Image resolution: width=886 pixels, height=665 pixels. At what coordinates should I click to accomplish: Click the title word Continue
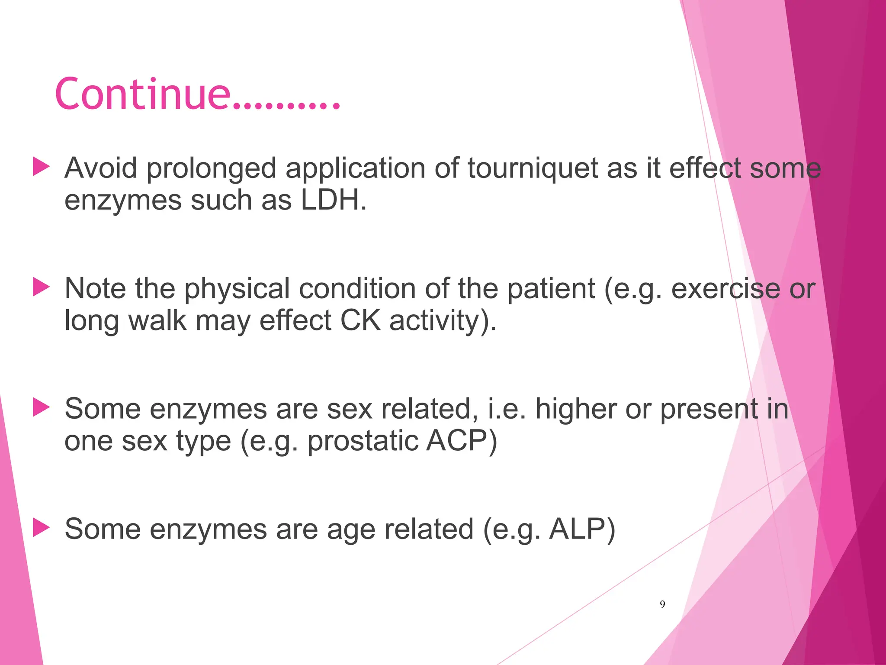point(143,94)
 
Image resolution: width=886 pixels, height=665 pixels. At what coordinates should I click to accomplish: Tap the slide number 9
point(662,604)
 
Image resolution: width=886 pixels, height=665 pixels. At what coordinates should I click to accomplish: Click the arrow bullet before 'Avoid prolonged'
point(42,167)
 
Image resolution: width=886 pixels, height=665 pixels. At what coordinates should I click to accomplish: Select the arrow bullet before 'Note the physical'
point(42,287)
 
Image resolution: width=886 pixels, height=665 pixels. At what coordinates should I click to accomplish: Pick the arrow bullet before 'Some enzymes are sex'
point(42,408)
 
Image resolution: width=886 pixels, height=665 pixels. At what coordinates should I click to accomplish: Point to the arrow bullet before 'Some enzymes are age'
point(42,528)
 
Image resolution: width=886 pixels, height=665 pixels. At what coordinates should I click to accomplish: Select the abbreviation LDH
point(332,200)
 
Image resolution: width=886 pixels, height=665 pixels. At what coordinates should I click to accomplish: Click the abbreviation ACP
point(460,441)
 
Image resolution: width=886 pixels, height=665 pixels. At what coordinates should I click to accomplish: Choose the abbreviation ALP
point(581,529)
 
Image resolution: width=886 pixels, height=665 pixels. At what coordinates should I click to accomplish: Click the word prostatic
point(362,442)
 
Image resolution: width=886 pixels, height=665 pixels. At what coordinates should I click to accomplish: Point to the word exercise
point(725,289)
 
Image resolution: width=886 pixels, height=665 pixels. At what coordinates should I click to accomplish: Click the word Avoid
point(101,168)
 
